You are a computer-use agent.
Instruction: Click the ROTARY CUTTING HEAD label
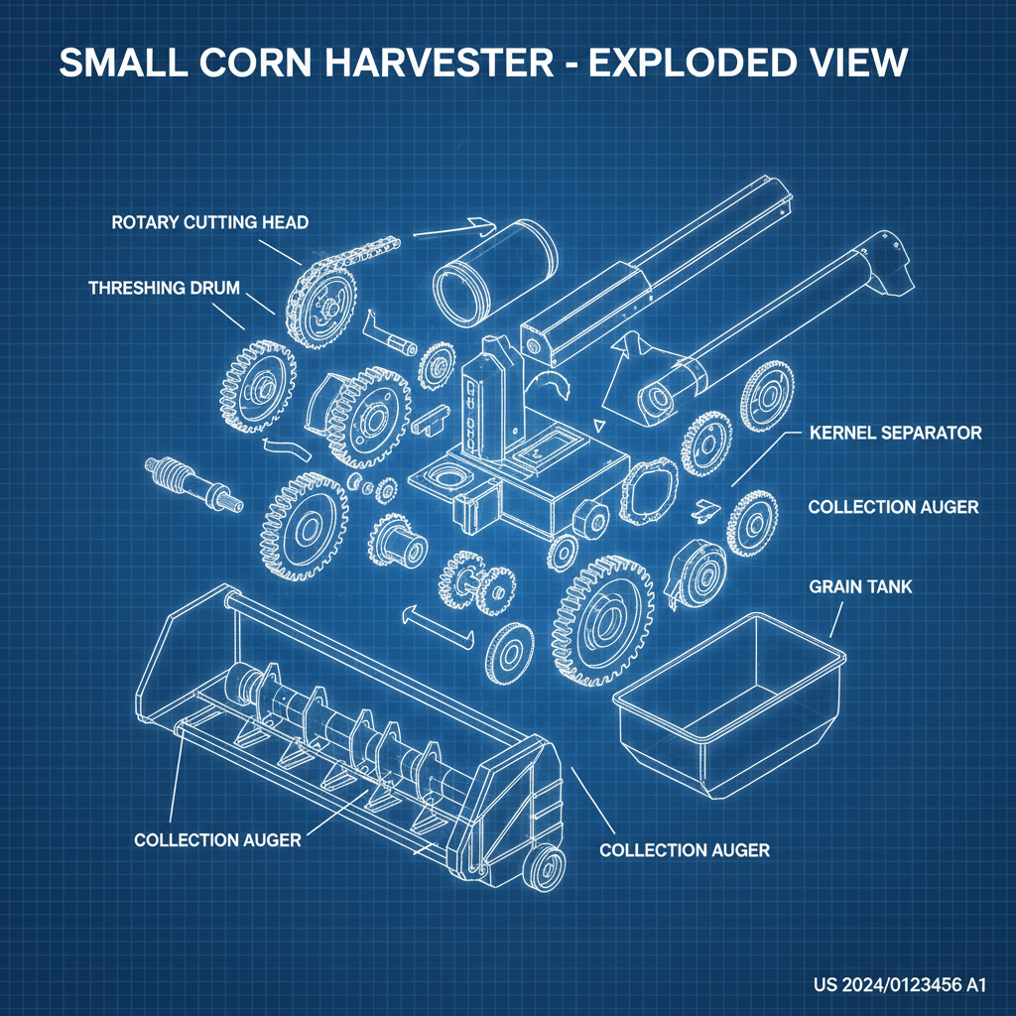click(209, 222)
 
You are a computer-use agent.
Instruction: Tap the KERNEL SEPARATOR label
click(895, 434)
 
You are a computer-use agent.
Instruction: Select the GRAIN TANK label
click(860, 587)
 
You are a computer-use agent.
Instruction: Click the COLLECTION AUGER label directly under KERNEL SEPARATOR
click(893, 507)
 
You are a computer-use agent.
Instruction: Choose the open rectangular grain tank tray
click(730, 703)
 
